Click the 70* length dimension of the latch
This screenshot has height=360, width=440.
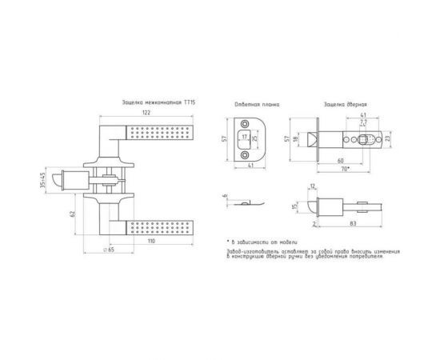tap(345, 170)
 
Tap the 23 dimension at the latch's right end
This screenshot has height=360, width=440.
tap(388, 139)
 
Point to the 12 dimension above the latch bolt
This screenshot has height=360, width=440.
tap(312, 188)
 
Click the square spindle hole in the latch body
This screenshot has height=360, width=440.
tap(362, 139)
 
